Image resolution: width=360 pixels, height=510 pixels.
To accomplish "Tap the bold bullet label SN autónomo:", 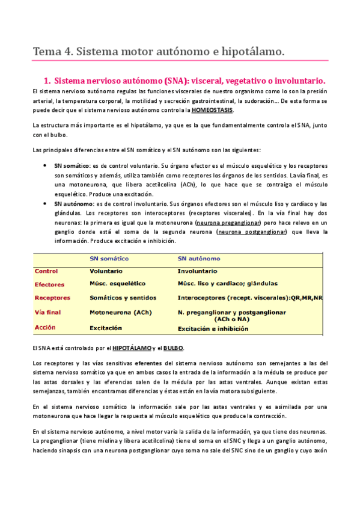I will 73,204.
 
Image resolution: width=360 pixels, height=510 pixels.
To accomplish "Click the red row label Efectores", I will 49,284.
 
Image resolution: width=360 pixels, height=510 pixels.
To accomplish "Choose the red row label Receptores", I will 52,298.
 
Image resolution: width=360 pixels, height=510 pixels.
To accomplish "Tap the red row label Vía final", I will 49,313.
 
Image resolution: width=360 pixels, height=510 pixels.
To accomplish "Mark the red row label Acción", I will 46,328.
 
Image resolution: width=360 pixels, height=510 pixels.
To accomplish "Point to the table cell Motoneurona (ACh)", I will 120,313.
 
